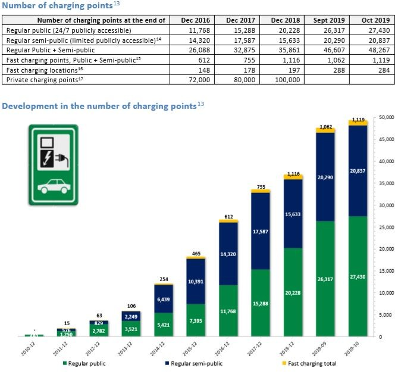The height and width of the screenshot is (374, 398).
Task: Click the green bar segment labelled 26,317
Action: tap(324, 278)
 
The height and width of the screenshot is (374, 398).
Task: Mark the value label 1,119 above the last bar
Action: tap(358, 120)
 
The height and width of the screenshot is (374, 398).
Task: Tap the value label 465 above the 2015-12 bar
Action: tap(196, 254)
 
